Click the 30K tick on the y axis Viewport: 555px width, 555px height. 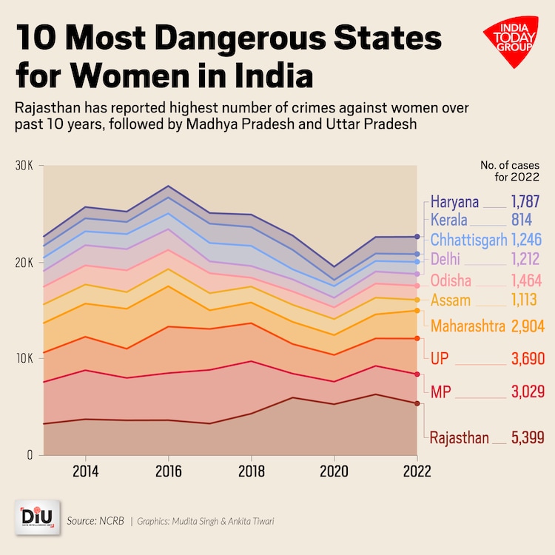(24, 165)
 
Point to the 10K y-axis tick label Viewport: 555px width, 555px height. (24, 358)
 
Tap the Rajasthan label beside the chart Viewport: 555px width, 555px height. (459, 438)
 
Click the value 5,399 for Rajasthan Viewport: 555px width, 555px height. (528, 438)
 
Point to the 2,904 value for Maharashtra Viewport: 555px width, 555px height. (527, 326)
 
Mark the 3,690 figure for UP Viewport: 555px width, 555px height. (528, 359)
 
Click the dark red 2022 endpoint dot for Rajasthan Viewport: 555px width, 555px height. (417, 403)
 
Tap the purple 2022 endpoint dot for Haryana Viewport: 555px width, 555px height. (417, 237)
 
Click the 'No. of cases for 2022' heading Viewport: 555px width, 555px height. (511, 171)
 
